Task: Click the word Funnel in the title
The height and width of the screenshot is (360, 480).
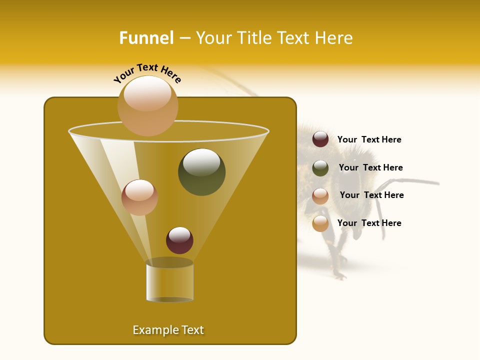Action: (x=146, y=38)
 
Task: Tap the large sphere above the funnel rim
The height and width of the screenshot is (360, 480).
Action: (x=147, y=105)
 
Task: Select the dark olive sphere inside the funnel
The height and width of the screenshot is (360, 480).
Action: (x=201, y=171)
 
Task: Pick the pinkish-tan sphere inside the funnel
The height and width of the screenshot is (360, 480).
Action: (x=139, y=197)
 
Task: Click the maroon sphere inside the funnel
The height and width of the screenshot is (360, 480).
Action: (x=179, y=240)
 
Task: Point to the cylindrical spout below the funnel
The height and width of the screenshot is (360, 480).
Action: (x=169, y=282)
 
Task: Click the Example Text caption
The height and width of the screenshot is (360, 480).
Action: (x=168, y=330)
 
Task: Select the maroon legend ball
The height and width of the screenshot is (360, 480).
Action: (x=320, y=139)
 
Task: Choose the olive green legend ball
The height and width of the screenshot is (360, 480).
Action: (x=320, y=167)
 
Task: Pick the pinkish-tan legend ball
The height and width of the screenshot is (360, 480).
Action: (x=320, y=195)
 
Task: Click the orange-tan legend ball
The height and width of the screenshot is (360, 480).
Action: (x=320, y=223)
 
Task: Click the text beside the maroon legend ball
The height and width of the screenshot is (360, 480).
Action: (x=369, y=139)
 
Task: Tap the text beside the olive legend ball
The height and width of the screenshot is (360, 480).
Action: (x=370, y=167)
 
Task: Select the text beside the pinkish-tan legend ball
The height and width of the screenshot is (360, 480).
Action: (x=371, y=195)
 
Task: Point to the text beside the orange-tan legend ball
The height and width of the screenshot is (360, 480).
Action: (x=369, y=223)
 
